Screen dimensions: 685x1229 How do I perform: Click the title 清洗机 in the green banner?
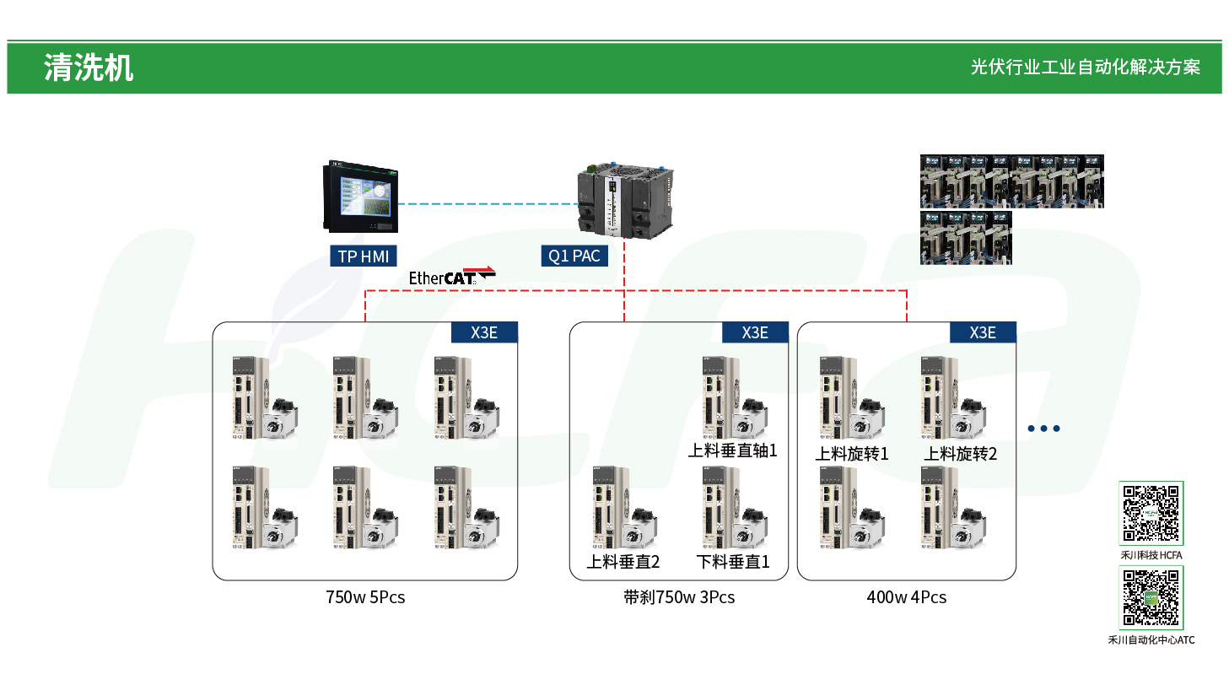click(x=89, y=68)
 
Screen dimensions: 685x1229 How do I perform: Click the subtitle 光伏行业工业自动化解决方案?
click(x=1085, y=67)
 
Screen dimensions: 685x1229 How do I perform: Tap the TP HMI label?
click(x=363, y=256)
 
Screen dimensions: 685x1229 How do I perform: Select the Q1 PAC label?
click(x=574, y=256)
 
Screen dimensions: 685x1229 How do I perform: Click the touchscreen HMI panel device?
click(x=360, y=197)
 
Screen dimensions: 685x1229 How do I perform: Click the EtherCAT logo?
click(x=451, y=276)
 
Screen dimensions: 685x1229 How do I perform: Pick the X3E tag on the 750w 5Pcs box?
click(x=484, y=332)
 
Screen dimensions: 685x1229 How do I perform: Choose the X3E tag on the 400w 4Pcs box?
click(x=983, y=332)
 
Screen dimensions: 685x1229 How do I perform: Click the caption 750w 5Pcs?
click(x=365, y=597)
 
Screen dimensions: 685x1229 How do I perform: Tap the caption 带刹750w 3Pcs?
click(x=679, y=597)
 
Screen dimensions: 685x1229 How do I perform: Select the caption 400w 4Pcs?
click(x=907, y=597)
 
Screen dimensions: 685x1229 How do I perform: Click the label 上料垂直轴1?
click(x=732, y=450)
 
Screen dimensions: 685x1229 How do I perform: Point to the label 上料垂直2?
click(x=623, y=562)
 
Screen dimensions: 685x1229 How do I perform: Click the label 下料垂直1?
click(x=733, y=562)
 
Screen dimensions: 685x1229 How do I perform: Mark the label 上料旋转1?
click(x=852, y=454)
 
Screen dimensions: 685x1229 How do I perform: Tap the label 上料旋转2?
click(x=961, y=454)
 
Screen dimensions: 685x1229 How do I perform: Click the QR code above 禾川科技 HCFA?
click(x=1151, y=513)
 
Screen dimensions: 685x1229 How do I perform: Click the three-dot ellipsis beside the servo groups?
click(x=1043, y=429)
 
